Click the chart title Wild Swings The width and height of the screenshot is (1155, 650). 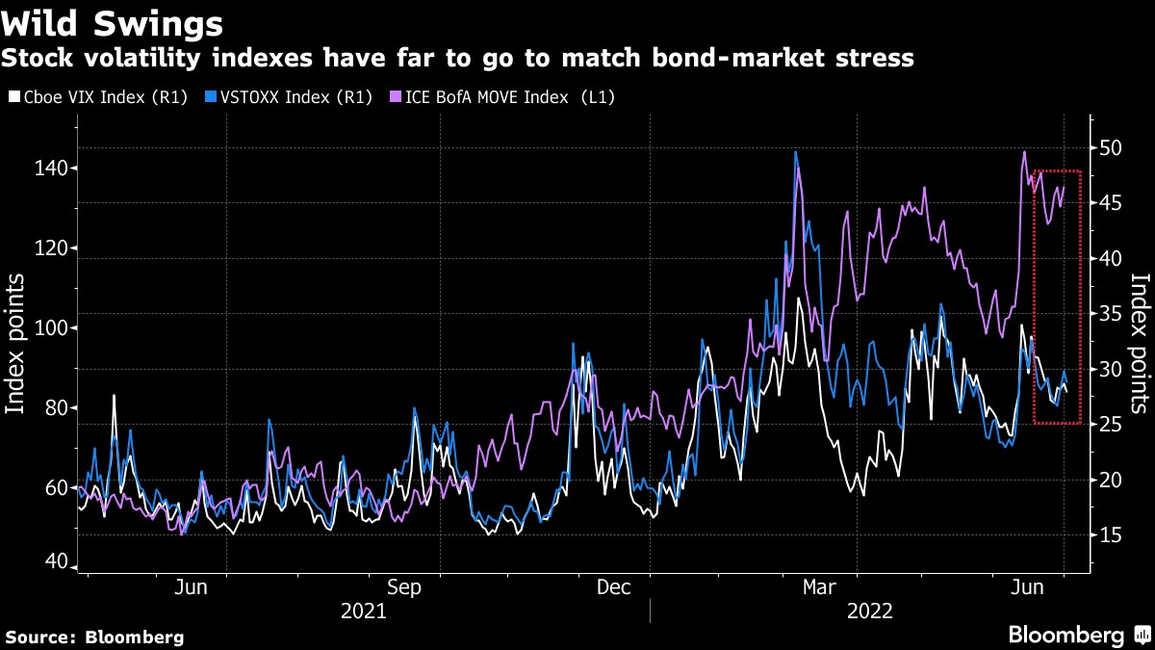pos(113,22)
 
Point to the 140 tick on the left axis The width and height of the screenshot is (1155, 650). pos(53,169)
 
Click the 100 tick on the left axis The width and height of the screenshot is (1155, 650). pos(53,328)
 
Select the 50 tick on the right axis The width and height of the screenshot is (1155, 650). pos(1113,147)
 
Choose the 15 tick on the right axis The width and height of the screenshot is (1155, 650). pos(1113,535)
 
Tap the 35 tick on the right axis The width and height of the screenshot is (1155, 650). pos(1113,314)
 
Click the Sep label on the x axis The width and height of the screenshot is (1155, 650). pos(404,586)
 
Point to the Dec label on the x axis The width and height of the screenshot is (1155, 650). pos(614,586)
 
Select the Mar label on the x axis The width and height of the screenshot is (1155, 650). pos(820,586)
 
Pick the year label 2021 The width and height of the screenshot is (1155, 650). pos(363,611)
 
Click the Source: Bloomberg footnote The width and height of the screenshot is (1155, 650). pos(94,637)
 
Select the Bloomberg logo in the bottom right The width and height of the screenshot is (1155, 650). pos(1078,635)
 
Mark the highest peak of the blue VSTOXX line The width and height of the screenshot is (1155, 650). pos(796,152)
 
